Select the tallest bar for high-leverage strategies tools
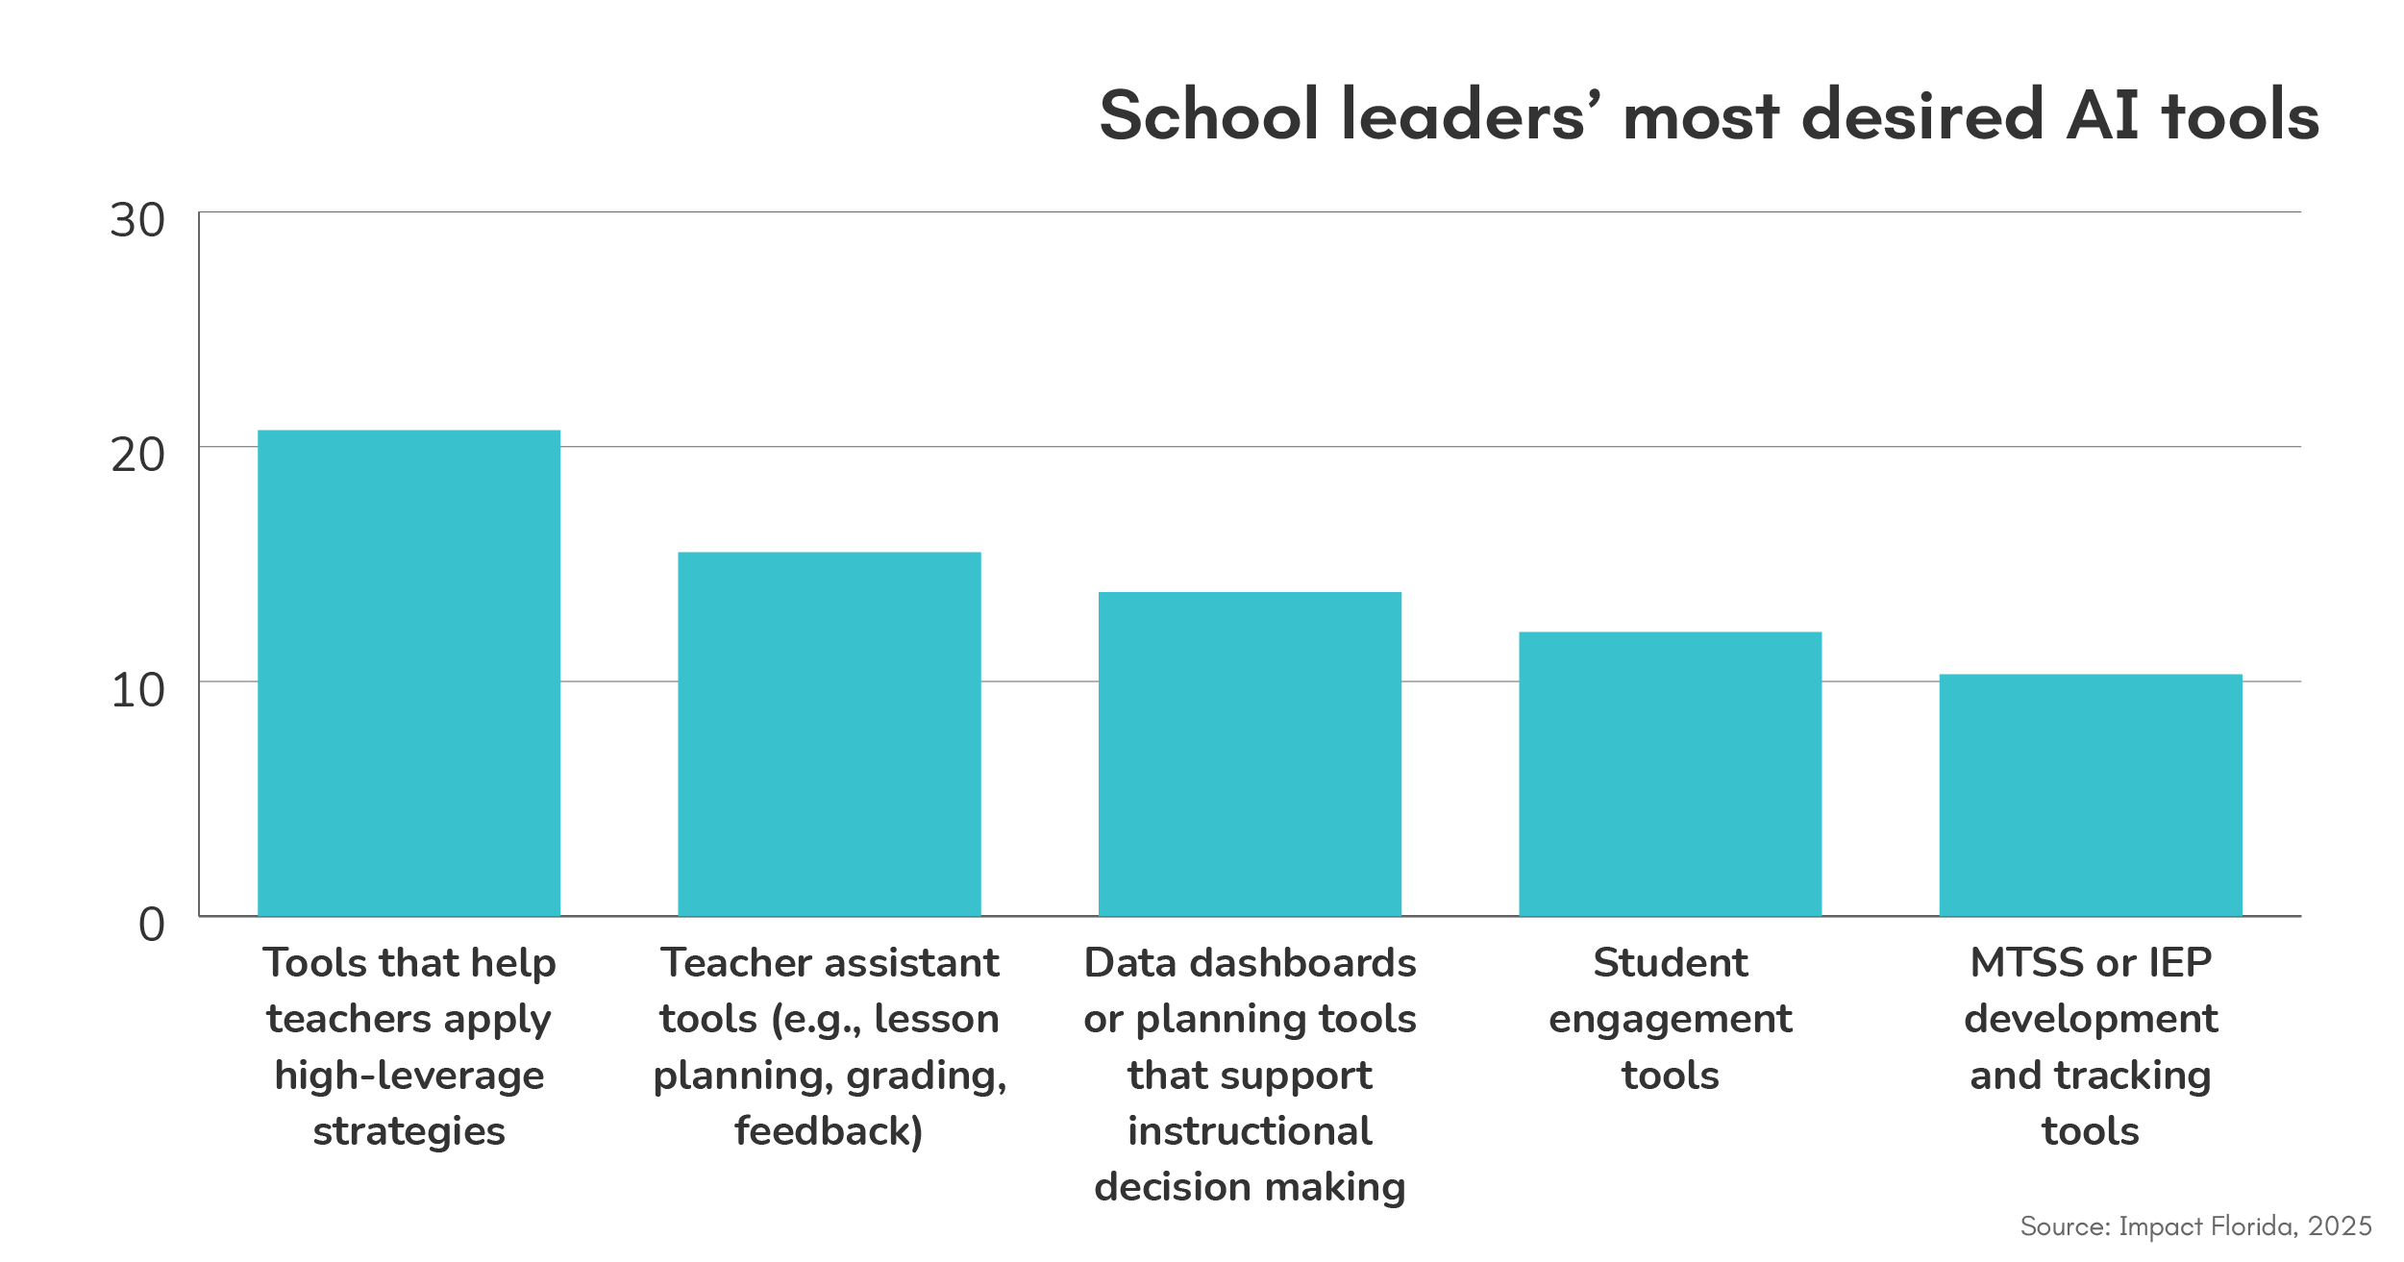[x=409, y=673]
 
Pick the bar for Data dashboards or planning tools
[x=1250, y=754]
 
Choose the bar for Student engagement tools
[x=1670, y=774]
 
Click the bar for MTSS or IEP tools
[x=2090, y=795]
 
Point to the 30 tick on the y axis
[x=137, y=220]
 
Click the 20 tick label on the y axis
[x=137, y=455]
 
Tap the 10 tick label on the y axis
[x=137, y=690]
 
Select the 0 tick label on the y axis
[x=151, y=925]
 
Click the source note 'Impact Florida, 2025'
[x=2195, y=1226]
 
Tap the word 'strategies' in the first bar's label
[x=409, y=1131]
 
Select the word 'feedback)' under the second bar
[x=829, y=1131]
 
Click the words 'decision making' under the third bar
[x=1250, y=1187]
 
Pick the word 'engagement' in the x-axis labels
[x=1670, y=1019]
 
